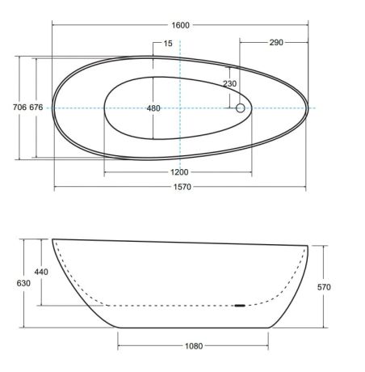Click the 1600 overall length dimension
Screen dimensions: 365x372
180,25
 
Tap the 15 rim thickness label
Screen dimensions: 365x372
168,44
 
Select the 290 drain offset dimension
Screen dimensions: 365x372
276,42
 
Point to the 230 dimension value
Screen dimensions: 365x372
229,83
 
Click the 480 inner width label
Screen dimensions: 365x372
153,108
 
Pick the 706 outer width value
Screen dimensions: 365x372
20,108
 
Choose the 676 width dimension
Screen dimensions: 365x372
36,108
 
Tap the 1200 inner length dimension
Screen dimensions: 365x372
179,172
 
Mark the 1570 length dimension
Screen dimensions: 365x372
182,187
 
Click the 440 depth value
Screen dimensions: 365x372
41,272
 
